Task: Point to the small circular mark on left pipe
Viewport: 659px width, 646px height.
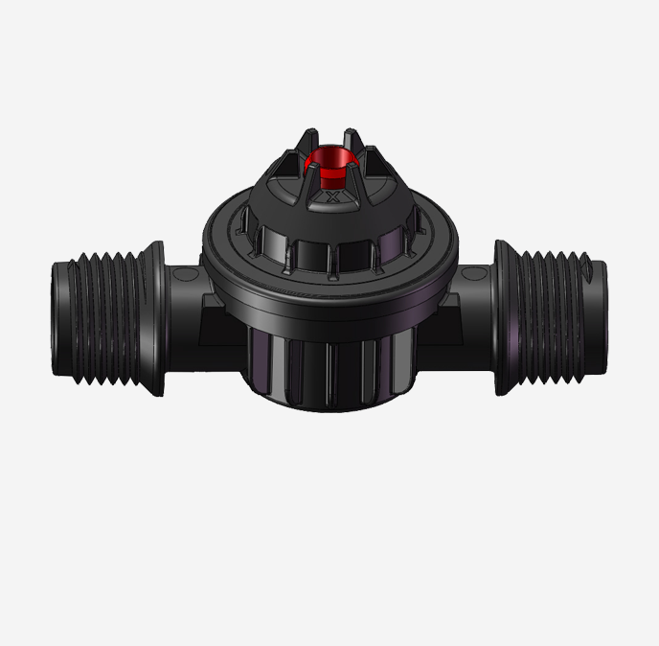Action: (x=188, y=275)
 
